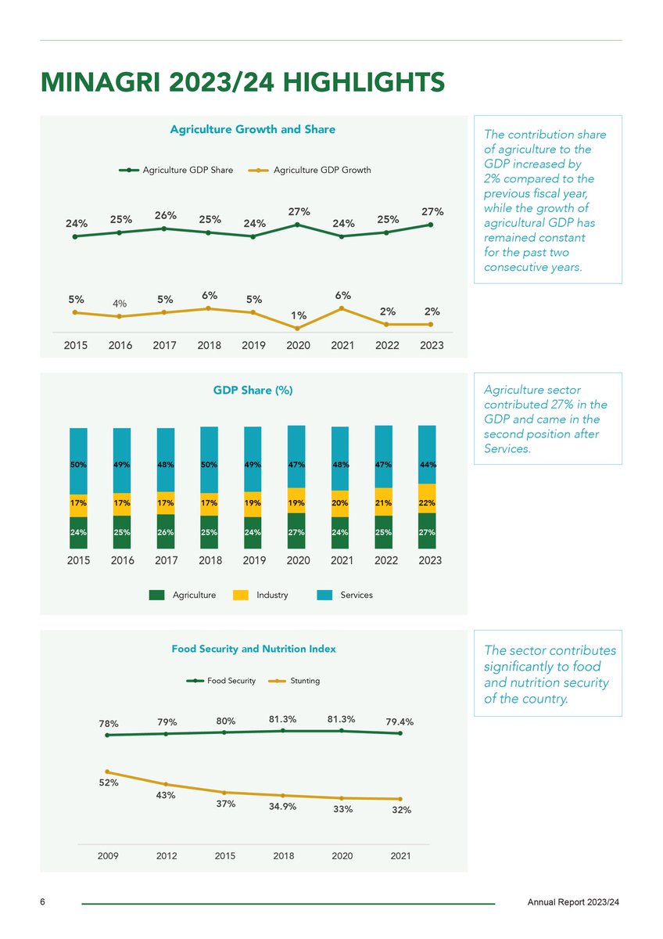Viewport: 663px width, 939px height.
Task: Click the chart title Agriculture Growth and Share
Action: click(253, 129)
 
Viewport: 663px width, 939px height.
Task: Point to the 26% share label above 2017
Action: click(165, 215)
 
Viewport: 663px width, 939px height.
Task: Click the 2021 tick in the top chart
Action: click(342, 345)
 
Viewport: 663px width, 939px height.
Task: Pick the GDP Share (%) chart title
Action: click(253, 390)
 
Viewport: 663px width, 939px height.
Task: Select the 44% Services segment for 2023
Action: click(427, 464)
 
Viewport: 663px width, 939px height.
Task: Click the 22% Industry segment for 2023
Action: click(427, 502)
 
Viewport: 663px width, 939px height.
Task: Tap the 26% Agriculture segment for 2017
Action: click(165, 532)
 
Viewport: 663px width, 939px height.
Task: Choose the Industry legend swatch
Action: click(241, 595)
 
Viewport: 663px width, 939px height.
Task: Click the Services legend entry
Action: click(345, 595)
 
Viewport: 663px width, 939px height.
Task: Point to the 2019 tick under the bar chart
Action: click(253, 561)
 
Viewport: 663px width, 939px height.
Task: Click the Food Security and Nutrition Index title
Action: click(253, 649)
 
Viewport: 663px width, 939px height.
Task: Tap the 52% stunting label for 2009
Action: click(108, 782)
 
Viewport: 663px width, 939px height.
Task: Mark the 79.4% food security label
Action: click(400, 721)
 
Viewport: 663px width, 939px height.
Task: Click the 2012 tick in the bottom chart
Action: click(166, 856)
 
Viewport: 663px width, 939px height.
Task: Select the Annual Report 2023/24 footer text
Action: click(573, 903)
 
